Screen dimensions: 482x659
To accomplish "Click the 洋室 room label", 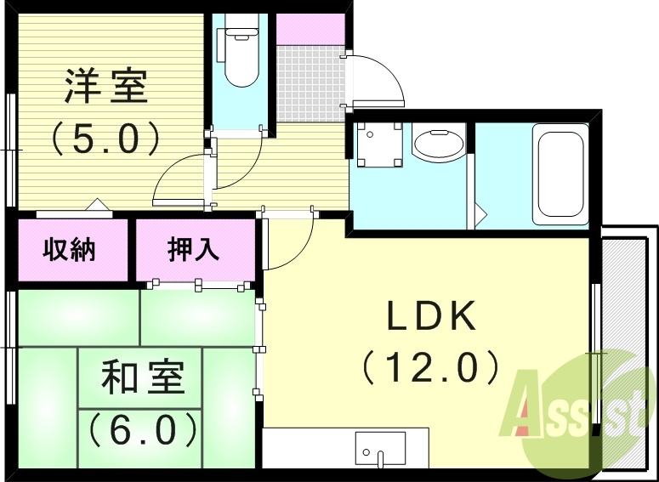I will pyautogui.click(x=105, y=86).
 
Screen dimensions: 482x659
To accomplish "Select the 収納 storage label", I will pyautogui.click(x=70, y=251).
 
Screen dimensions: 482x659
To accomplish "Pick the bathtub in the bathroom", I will pyautogui.click(x=559, y=174).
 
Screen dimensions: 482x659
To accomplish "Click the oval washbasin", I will pyautogui.click(x=437, y=143).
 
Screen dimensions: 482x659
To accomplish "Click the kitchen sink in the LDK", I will pyautogui.click(x=380, y=447).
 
